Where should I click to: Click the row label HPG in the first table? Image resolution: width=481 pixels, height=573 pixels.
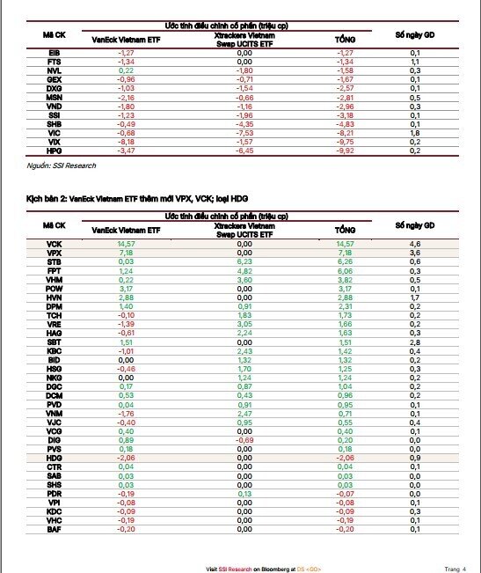pyautogui.click(x=55, y=151)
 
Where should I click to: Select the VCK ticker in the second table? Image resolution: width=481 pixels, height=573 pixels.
pyautogui.click(x=55, y=243)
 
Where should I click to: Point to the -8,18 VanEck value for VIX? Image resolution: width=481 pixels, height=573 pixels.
pyautogui.click(x=126, y=141)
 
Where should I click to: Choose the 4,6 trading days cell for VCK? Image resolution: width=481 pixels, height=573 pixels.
pyautogui.click(x=415, y=243)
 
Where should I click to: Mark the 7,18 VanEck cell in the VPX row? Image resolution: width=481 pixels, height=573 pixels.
pyautogui.click(x=126, y=252)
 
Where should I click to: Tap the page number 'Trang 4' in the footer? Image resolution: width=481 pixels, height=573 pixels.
pyautogui.click(x=455, y=568)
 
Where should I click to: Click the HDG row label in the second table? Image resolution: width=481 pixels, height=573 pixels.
pyautogui.click(x=55, y=459)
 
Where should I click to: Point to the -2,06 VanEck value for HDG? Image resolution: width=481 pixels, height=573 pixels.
pyautogui.click(x=126, y=459)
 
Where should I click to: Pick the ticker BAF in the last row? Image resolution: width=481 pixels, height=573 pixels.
pyautogui.click(x=55, y=530)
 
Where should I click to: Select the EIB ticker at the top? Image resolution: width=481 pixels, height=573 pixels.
pyautogui.click(x=55, y=54)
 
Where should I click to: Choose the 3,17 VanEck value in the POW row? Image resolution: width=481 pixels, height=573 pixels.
pyautogui.click(x=126, y=288)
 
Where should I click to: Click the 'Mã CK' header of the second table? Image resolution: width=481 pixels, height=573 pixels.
pyautogui.click(x=55, y=226)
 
